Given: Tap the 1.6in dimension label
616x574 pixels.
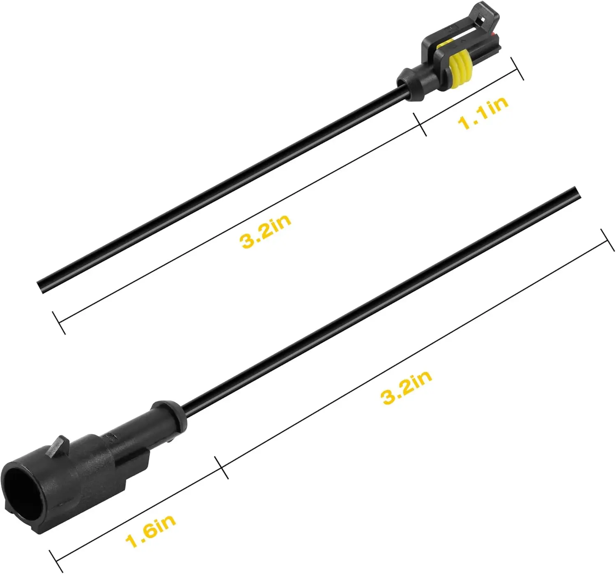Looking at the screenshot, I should (151, 529).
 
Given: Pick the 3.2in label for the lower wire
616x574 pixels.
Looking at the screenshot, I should (407, 387).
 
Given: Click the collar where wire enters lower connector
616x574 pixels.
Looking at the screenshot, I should (169, 414).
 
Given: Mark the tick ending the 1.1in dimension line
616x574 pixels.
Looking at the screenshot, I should (517, 69).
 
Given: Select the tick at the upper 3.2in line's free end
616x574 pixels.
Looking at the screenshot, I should (59, 322).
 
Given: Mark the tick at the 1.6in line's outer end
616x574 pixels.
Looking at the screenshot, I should (56, 561).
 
